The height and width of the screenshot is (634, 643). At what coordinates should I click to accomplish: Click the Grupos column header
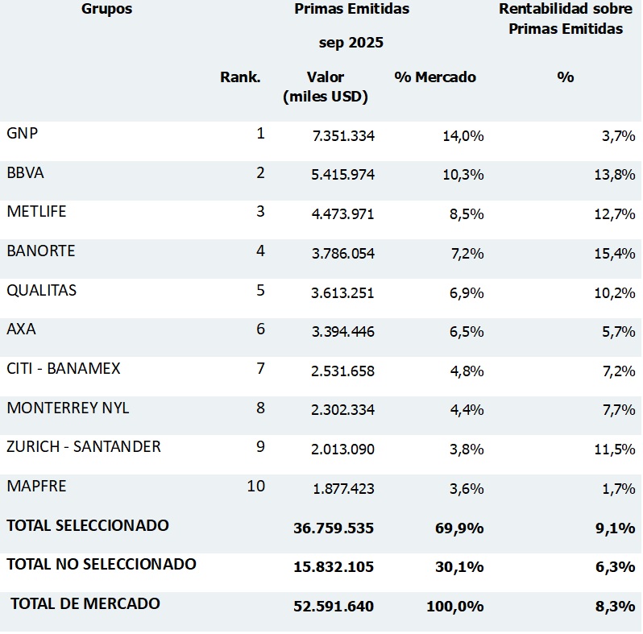[106, 10]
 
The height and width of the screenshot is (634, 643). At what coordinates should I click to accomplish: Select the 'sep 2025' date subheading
[351, 43]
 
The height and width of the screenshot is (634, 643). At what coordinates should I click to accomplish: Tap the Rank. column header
[240, 77]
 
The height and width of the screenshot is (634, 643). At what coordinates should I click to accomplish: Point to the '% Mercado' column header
[435, 77]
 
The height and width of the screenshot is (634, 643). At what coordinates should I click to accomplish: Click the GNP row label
[23, 134]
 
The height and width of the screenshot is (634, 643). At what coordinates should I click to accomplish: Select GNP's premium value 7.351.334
[343, 136]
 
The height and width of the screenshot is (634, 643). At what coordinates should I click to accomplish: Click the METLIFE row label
[36, 212]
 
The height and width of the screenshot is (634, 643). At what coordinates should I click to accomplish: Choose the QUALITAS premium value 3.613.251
[343, 292]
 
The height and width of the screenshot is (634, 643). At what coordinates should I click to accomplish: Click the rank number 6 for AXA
[260, 329]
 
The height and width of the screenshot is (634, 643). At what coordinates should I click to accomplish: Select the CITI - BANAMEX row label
[64, 368]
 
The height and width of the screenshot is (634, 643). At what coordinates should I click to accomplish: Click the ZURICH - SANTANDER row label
[84, 446]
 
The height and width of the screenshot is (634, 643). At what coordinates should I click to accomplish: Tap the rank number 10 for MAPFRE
[256, 486]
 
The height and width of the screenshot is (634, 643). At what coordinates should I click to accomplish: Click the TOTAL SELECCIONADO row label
[88, 525]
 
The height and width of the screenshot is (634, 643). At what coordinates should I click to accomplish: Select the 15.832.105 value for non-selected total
[334, 566]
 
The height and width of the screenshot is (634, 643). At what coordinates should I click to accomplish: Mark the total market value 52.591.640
[334, 606]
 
